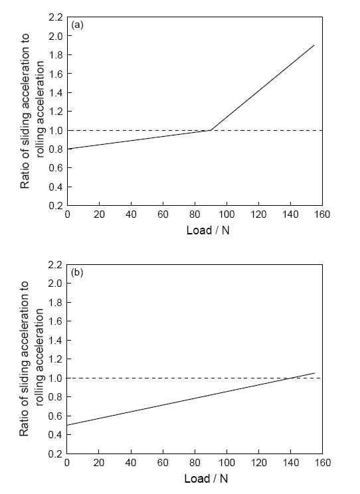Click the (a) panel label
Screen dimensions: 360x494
click(77, 25)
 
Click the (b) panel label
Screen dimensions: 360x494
click(77, 272)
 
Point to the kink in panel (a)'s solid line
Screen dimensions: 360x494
click(211, 130)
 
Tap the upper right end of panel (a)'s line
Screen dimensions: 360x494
click(314, 45)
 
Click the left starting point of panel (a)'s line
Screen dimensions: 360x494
click(68, 149)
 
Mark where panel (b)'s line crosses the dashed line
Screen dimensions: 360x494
click(291, 378)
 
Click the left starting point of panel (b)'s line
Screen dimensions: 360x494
click(67, 426)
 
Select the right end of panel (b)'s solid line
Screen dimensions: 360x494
click(315, 373)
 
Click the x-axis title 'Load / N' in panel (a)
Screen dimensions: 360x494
click(208, 230)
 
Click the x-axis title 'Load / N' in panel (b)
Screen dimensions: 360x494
click(206, 479)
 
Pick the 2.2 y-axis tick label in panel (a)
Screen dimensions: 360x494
click(56, 17)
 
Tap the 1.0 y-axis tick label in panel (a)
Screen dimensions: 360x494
click(56, 130)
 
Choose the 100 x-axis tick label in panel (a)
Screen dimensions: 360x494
click(226, 214)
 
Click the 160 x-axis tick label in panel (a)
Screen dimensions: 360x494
click(322, 214)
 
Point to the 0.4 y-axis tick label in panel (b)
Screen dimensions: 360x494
click(56, 435)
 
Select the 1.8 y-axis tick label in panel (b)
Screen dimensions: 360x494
click(56, 303)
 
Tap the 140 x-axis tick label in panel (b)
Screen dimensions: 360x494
click(290, 463)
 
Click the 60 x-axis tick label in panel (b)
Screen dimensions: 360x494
click(163, 463)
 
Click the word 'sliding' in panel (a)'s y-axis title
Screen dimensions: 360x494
click(25, 129)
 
